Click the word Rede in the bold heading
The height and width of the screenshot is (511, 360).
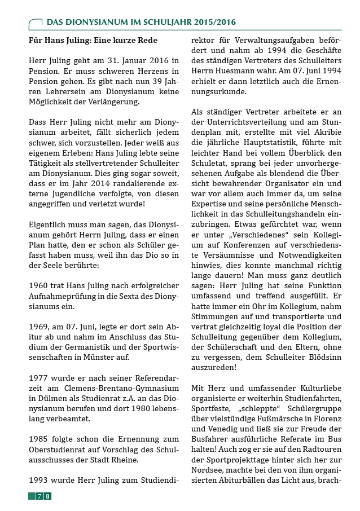click(x=146, y=41)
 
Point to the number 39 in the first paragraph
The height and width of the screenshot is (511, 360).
click(x=146, y=82)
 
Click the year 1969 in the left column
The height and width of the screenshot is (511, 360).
click(x=39, y=327)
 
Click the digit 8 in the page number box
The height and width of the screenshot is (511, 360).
click(x=48, y=496)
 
